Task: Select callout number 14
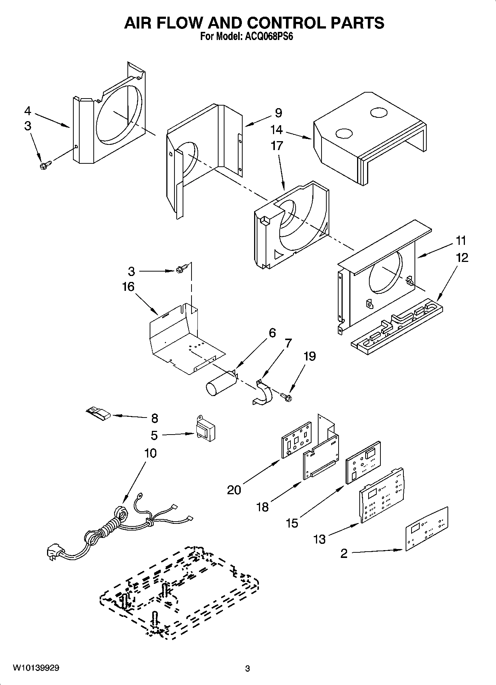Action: coord(276,130)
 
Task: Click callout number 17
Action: coord(276,146)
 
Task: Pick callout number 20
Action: coord(234,490)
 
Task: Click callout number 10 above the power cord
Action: coord(150,453)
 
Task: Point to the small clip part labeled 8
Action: coord(98,413)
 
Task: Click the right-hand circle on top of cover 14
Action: coord(377,113)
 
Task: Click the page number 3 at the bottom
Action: coord(247,669)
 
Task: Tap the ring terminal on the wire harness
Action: coord(140,495)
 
